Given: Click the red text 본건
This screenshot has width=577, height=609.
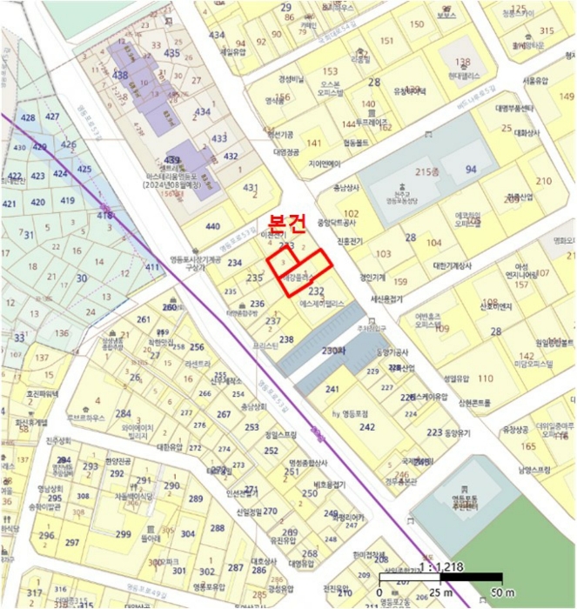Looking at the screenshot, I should tap(286, 224).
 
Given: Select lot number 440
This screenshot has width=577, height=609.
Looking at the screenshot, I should tap(212, 226).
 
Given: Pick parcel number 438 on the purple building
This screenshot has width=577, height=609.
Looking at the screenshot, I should tap(120, 76).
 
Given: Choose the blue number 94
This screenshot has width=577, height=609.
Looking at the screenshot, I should tap(471, 169).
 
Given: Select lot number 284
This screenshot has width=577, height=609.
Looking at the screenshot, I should tap(123, 413).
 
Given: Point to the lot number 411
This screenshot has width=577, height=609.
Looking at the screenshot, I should tap(151, 267).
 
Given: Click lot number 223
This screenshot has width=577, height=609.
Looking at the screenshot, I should tap(433, 432).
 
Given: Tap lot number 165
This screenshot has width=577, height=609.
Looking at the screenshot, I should tap(527, 446).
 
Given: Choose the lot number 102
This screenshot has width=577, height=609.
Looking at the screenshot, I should tap(352, 213).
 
